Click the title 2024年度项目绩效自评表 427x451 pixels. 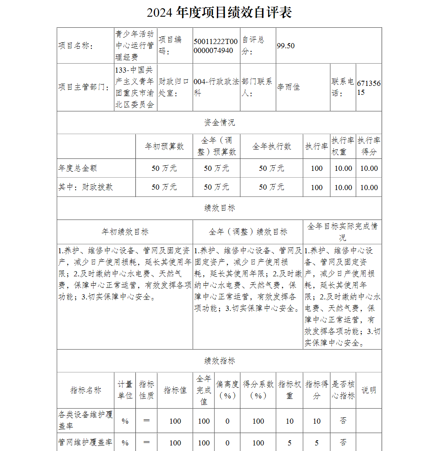(x=219, y=13)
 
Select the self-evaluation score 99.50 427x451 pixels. (x=286, y=46)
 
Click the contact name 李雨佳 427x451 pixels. (x=288, y=87)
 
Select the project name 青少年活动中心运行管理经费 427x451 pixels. (x=135, y=46)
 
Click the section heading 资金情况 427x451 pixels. (x=219, y=123)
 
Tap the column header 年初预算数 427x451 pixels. (x=164, y=146)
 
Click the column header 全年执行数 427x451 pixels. (x=272, y=146)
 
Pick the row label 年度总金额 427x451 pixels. (x=78, y=168)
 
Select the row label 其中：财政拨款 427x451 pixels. (x=86, y=187)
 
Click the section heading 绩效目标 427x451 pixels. (x=219, y=208)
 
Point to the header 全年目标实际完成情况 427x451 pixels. (x=342, y=231)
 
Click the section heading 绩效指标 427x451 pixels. (x=219, y=361)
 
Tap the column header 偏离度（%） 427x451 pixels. (x=227, y=390)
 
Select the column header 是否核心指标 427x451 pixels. (x=343, y=390)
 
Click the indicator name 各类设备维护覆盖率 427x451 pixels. (x=85, y=420)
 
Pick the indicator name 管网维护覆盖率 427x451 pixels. (x=85, y=442)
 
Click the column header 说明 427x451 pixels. (x=369, y=390)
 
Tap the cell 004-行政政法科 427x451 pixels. (x=216, y=87)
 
